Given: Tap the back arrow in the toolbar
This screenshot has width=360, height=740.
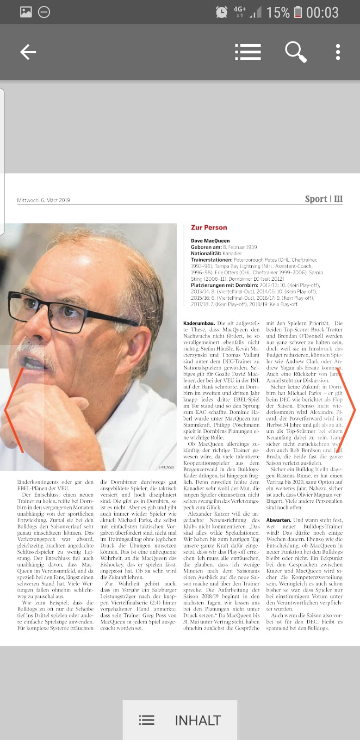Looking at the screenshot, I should tap(28, 52).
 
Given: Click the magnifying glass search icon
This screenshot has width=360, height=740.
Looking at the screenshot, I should tap(295, 52).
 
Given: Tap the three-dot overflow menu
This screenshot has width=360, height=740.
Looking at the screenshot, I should tap(338, 52).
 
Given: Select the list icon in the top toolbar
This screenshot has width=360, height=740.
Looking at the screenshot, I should tap(248, 52).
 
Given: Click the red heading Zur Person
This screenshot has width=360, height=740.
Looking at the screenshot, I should tap(209, 228).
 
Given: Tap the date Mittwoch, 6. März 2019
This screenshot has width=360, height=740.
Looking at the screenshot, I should tap(43, 200).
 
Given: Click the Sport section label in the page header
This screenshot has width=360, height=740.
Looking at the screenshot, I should tap(316, 199).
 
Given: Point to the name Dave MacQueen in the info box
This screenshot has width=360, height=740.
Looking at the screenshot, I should tap(210, 240).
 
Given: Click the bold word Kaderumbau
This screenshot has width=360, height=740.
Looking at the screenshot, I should tap(199, 323).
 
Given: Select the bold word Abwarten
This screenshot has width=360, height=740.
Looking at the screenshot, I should tap(279, 520).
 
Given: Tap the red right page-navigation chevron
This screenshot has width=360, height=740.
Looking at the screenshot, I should tap(348, 409).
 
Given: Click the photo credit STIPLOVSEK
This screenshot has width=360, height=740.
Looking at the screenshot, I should tap(166, 467).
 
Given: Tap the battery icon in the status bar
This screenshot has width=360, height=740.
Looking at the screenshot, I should tap(298, 12).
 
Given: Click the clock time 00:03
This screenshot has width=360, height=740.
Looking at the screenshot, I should tap(323, 12).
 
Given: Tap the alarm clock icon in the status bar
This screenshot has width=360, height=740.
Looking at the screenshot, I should tap(222, 12).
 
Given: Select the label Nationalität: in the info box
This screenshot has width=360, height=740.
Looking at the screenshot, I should tap(206, 253).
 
